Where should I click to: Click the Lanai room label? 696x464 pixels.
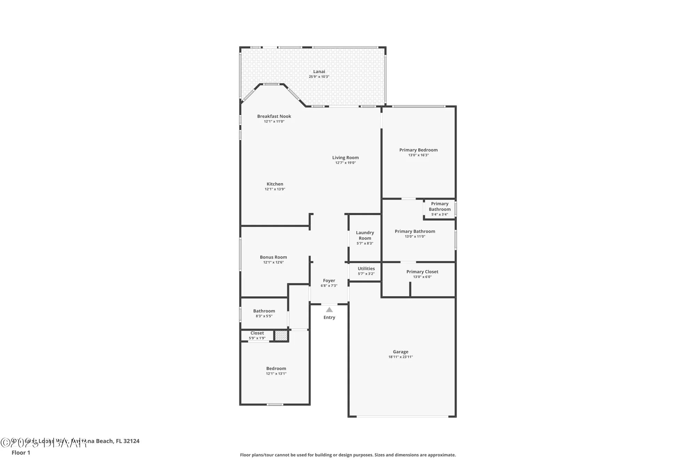(x=319, y=72)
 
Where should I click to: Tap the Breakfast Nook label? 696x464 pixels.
(x=274, y=116)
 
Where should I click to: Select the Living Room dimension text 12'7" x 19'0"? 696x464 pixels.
(x=345, y=163)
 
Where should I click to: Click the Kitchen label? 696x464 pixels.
(x=275, y=184)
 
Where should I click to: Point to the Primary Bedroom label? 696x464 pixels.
(x=418, y=150)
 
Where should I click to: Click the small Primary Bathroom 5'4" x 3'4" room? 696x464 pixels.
(x=440, y=209)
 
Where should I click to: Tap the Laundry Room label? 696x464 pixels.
(x=365, y=235)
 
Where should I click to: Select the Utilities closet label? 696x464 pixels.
(x=366, y=269)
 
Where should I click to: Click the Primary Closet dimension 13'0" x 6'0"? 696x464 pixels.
(x=422, y=277)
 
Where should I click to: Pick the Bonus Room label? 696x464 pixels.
(x=273, y=257)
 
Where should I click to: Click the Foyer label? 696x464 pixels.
(x=329, y=281)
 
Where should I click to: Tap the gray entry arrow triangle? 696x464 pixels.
(x=329, y=309)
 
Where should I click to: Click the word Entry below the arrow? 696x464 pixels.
(x=329, y=317)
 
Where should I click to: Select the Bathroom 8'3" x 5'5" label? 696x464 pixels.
(x=264, y=311)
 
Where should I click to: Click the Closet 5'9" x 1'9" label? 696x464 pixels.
(x=257, y=333)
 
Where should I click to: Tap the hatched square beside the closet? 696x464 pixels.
(x=281, y=336)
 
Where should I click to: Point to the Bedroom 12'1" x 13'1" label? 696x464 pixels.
(x=276, y=369)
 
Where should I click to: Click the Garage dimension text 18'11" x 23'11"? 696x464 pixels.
(x=401, y=357)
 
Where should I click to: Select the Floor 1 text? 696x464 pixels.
(x=21, y=453)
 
